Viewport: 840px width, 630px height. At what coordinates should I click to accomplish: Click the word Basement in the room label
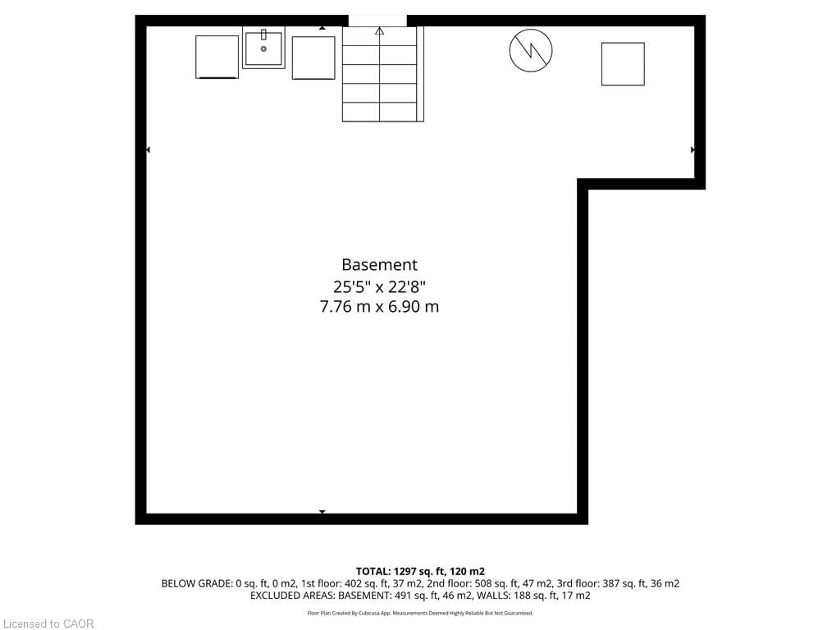tap(379, 265)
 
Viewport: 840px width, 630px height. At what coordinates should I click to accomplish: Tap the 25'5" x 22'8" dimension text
tap(379, 287)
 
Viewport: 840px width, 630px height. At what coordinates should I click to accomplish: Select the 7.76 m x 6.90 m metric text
tap(379, 306)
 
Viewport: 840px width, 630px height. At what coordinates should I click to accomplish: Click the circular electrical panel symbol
tap(530, 51)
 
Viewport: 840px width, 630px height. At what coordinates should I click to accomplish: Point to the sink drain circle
tap(264, 49)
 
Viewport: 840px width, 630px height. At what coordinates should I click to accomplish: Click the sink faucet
tap(264, 35)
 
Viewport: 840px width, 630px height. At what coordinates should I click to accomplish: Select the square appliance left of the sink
tap(217, 57)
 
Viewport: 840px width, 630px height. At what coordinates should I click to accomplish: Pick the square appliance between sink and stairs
tap(313, 58)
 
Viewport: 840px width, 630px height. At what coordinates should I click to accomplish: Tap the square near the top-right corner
tap(623, 64)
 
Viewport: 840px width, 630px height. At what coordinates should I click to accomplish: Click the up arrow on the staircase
tap(379, 31)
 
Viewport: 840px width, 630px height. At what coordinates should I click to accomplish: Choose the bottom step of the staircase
tap(379, 112)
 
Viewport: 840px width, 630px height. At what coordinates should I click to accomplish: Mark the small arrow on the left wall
tap(148, 150)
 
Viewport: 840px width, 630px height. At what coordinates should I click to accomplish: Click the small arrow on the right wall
tap(692, 150)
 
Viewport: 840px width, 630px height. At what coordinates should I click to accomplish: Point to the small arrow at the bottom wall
tap(322, 511)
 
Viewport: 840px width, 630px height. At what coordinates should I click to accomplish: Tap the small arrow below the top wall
tap(322, 28)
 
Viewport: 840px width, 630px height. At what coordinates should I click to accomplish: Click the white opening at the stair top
tap(378, 21)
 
